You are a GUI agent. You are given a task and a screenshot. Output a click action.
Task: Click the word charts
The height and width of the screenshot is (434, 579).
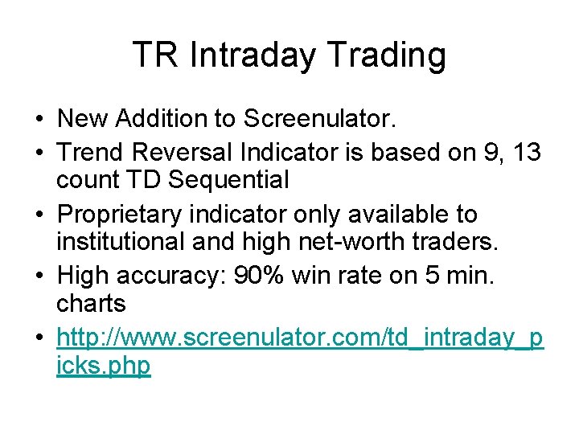pyautogui.click(x=91, y=304)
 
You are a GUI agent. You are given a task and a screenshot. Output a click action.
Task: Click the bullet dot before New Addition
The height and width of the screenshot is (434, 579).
pyautogui.click(x=39, y=120)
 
